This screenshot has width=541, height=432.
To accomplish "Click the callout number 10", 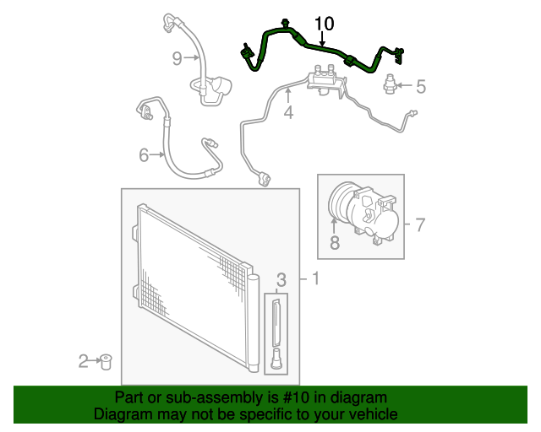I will coord(325,23).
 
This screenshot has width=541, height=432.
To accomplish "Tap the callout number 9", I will coord(178,58).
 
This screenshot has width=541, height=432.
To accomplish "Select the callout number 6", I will coord(144,154).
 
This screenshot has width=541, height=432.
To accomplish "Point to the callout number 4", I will coord(288,111).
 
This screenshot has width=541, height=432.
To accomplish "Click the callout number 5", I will coord(421,85).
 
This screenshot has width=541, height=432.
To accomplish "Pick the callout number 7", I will coord(420,224).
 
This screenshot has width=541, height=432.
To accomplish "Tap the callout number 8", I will coord(334,244).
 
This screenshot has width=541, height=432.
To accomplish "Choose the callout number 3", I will coord(282,278).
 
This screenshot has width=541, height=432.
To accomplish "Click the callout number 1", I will coord(314,278).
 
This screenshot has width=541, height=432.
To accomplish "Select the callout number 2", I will coord(84,361).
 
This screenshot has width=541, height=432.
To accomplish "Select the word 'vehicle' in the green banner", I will coord(368,414).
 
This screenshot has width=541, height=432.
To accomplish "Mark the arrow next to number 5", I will coord(405,85).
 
